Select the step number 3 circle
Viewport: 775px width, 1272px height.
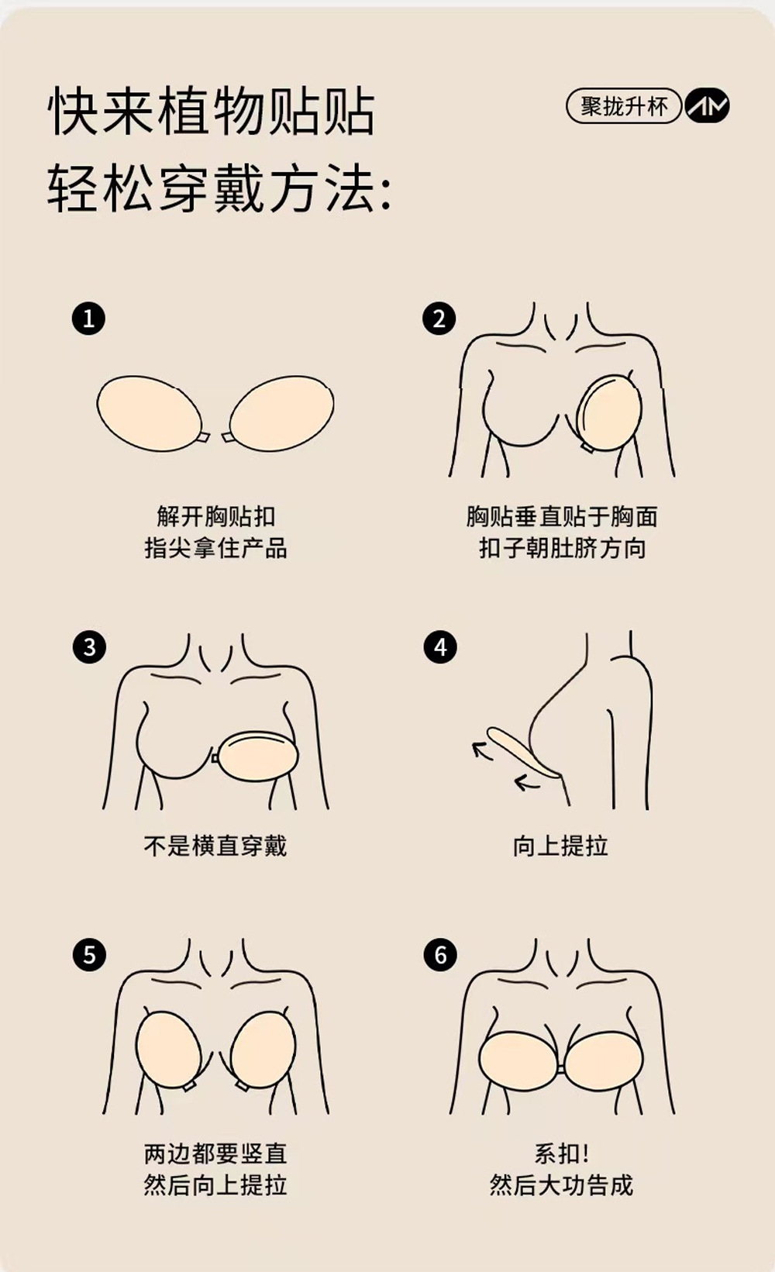point(89,646)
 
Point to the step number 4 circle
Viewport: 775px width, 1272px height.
point(440,646)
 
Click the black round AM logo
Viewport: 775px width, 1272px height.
point(707,106)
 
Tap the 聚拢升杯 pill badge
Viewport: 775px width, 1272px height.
point(623,106)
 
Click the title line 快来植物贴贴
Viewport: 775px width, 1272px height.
point(212,112)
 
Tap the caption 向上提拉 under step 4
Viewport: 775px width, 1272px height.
point(560,846)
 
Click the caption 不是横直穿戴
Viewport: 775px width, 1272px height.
point(215,846)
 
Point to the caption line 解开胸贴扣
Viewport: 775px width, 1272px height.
point(215,517)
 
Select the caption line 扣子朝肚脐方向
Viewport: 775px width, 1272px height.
point(562,549)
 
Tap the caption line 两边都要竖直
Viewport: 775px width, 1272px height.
point(215,1153)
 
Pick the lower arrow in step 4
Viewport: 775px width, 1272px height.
point(526,784)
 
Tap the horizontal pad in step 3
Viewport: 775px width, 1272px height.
point(256,756)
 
